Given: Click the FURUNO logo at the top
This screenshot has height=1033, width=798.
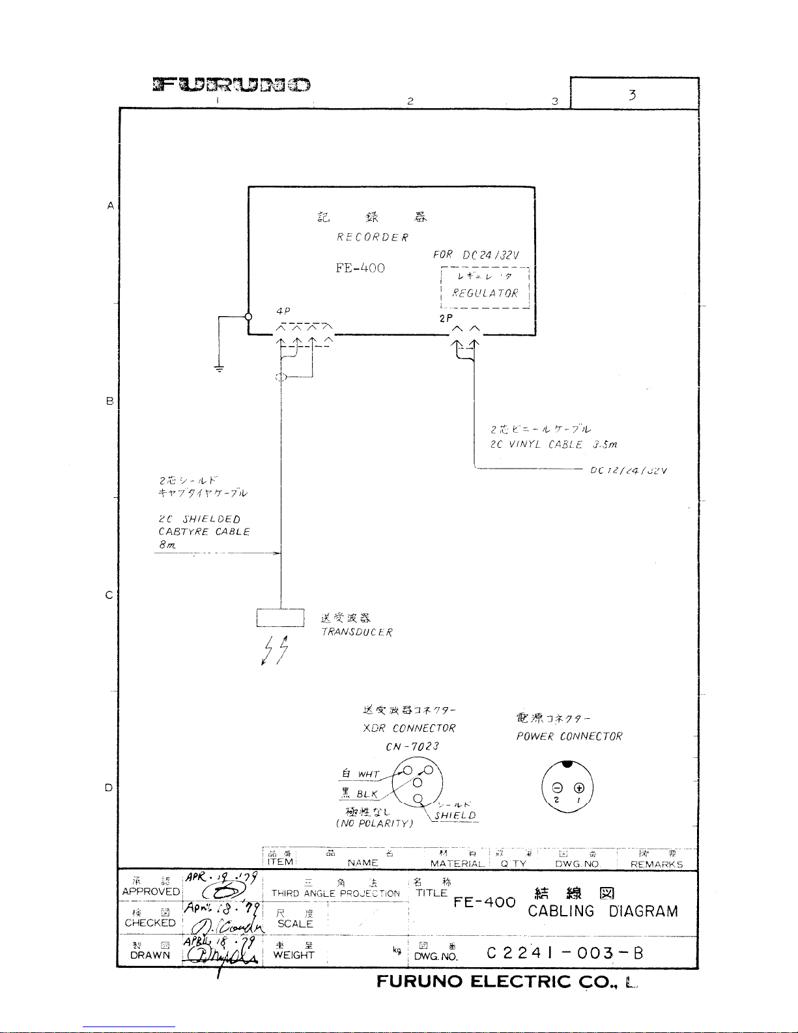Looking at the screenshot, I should [231, 85].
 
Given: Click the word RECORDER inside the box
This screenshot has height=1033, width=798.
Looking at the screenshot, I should [373, 237].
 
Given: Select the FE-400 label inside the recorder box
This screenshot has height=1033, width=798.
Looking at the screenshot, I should [360, 268].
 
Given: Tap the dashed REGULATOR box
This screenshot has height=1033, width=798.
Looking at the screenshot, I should [485, 287].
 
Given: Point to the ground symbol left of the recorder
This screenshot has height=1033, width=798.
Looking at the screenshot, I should [220, 369].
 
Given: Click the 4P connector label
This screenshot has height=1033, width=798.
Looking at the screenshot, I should [283, 312].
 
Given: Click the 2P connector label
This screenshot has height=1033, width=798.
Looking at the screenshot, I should [446, 319].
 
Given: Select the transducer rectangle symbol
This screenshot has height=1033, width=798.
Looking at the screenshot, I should [280, 617].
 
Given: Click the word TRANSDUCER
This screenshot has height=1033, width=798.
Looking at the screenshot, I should [357, 632].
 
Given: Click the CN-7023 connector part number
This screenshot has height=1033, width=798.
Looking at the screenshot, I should [412, 746].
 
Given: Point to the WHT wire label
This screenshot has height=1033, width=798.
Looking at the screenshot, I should [368, 774].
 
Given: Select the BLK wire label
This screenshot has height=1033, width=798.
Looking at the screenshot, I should [367, 794].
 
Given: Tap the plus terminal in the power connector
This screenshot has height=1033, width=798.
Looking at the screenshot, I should [578, 787].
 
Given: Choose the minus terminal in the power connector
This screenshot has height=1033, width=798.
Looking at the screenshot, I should [556, 787].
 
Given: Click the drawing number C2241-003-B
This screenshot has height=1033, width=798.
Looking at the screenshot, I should [565, 953].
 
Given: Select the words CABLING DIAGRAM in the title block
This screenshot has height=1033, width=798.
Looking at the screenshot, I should [603, 911].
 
